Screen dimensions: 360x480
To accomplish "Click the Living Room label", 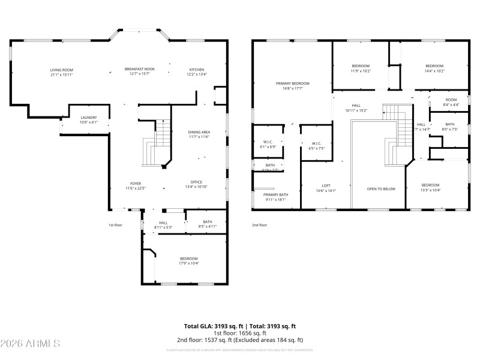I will [61, 70].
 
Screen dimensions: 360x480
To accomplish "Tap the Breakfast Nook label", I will [139, 69].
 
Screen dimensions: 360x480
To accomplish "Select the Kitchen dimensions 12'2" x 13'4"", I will [197, 74].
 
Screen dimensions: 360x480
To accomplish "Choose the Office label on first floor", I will [196, 182].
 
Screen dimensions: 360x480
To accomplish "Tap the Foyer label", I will [136, 184].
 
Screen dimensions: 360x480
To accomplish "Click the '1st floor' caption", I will [115, 225].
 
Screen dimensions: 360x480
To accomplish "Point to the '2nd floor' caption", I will [259, 225].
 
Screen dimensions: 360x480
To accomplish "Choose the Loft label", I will [326, 185].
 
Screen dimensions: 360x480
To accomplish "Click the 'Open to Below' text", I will [381, 188].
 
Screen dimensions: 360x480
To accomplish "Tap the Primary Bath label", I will [275, 195].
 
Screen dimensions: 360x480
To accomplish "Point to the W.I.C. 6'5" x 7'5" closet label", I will [316, 143].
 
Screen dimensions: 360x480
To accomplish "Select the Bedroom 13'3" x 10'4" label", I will [430, 185].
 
